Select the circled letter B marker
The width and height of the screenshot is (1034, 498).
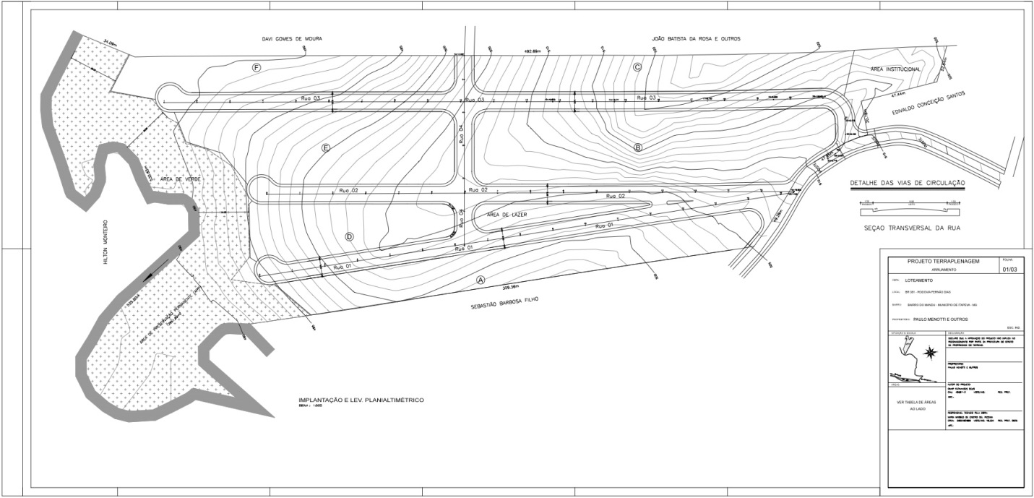tap(638, 147)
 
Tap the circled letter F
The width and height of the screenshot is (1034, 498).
tap(257, 67)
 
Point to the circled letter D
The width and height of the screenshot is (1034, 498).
tap(350, 236)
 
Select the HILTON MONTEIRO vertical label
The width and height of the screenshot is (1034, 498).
tap(105, 242)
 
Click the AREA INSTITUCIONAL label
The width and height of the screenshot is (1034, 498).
tap(895, 69)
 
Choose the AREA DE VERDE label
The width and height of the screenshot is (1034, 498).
tap(181, 179)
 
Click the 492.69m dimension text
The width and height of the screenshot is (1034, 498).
tap(533, 51)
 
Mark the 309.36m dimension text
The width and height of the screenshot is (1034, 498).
tap(502, 286)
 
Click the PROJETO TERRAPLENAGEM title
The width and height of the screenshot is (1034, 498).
tap(943, 261)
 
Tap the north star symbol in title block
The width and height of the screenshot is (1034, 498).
tap(931, 352)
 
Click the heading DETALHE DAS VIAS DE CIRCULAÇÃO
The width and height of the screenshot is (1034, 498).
tap(907, 184)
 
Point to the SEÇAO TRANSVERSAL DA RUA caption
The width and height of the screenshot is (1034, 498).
tap(906, 228)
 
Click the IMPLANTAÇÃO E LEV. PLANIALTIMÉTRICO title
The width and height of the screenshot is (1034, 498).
tap(361, 400)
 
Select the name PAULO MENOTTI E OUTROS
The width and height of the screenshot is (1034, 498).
tap(938, 319)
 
